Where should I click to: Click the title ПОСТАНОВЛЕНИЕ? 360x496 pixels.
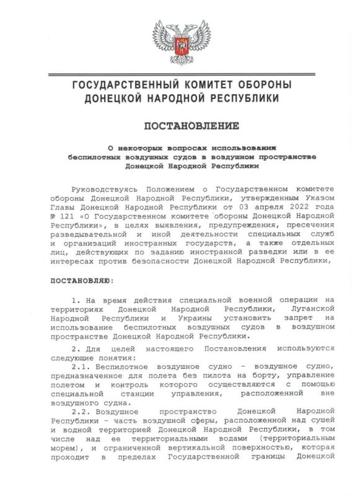click(191, 126)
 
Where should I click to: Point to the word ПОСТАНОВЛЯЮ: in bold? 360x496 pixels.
click(81, 281)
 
